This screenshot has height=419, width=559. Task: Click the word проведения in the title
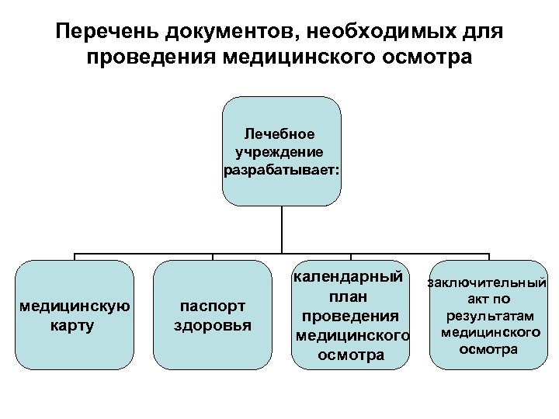tap(151, 58)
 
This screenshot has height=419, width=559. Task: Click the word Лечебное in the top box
tap(280, 133)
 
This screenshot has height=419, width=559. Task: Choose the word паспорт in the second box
tap(211, 306)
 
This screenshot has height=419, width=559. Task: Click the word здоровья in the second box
tap(211, 325)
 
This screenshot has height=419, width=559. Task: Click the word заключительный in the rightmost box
tap(488, 283)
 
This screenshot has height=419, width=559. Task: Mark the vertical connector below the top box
tap(280, 229)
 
